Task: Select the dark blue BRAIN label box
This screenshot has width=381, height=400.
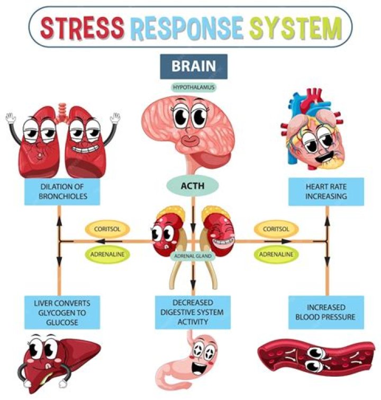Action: tap(193, 66)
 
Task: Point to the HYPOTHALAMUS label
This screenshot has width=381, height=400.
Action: tap(193, 87)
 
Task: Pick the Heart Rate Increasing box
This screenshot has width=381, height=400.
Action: tap(326, 191)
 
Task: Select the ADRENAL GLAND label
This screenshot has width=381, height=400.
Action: tap(192, 256)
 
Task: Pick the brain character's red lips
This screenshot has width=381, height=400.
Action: tap(190, 140)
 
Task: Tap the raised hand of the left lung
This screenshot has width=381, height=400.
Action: tap(11, 117)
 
